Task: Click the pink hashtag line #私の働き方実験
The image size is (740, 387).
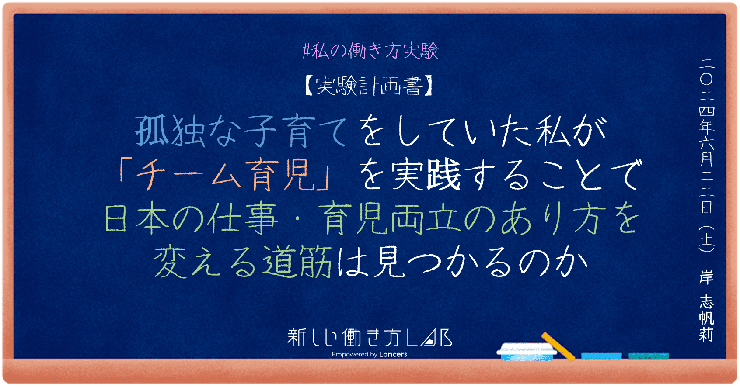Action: click(x=370, y=51)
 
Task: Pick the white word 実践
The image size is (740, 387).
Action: click(x=426, y=175)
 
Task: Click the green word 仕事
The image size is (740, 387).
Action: click(x=242, y=218)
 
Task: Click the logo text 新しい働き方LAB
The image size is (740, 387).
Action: click(x=369, y=338)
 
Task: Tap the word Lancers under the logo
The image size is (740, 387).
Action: click(x=393, y=354)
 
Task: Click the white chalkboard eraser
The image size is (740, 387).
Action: click(x=527, y=351)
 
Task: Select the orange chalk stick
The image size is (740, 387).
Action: click(x=558, y=346)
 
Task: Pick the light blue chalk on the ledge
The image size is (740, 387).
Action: click(x=601, y=356)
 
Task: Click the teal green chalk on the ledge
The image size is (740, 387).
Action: click(x=649, y=356)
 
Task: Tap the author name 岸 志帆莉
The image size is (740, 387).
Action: click(x=706, y=306)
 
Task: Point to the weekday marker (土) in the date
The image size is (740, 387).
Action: click(x=706, y=239)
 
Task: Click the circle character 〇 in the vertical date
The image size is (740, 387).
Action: click(x=706, y=79)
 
